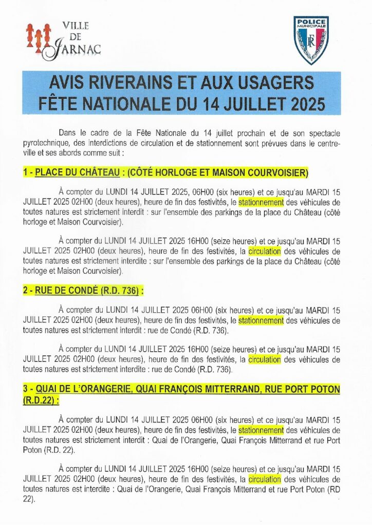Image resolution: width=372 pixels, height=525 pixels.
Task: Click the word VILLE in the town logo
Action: [x=75, y=25]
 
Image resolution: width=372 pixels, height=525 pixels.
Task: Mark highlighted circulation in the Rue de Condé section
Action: [x=264, y=359]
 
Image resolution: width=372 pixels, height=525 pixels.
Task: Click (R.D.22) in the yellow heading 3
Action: [x=40, y=400]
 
